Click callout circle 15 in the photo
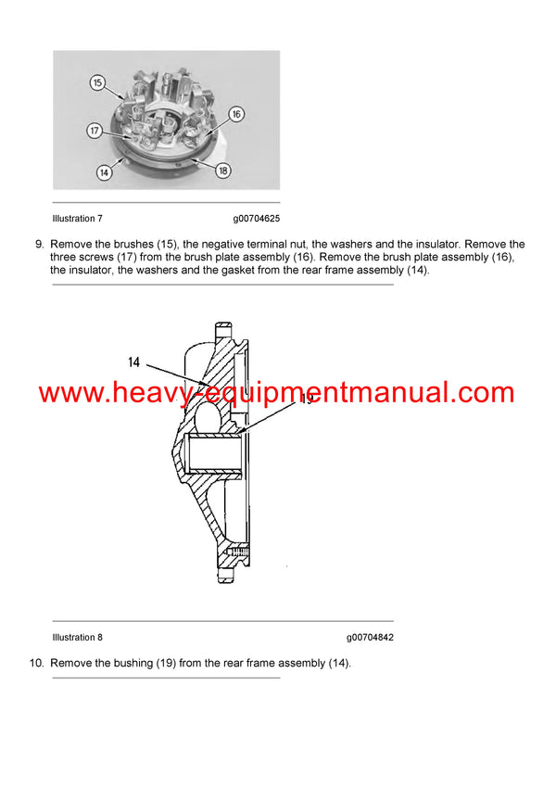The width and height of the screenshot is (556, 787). point(98,83)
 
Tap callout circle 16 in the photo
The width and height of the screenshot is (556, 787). point(235,114)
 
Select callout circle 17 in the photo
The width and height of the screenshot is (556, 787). point(95,131)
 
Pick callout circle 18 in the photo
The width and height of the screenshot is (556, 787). point(223,171)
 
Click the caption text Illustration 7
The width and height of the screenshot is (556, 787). point(78,219)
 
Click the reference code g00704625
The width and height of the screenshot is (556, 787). point(256,219)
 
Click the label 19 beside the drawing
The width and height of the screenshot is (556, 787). point(306,400)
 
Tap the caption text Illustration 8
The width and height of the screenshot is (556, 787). point(78,637)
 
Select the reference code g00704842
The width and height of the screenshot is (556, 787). point(370,637)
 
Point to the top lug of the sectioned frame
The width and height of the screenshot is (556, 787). point(223,331)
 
